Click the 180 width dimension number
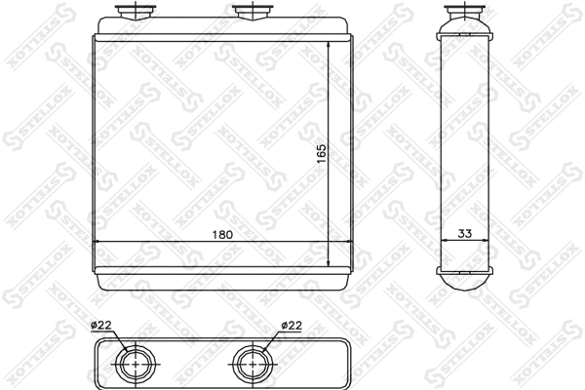tap(222, 235)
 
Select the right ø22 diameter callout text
tap(290, 326)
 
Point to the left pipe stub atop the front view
tap(131, 12)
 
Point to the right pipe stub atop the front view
tap(251, 12)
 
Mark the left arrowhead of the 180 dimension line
tap(97, 241)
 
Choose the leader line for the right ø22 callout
tap(270, 341)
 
